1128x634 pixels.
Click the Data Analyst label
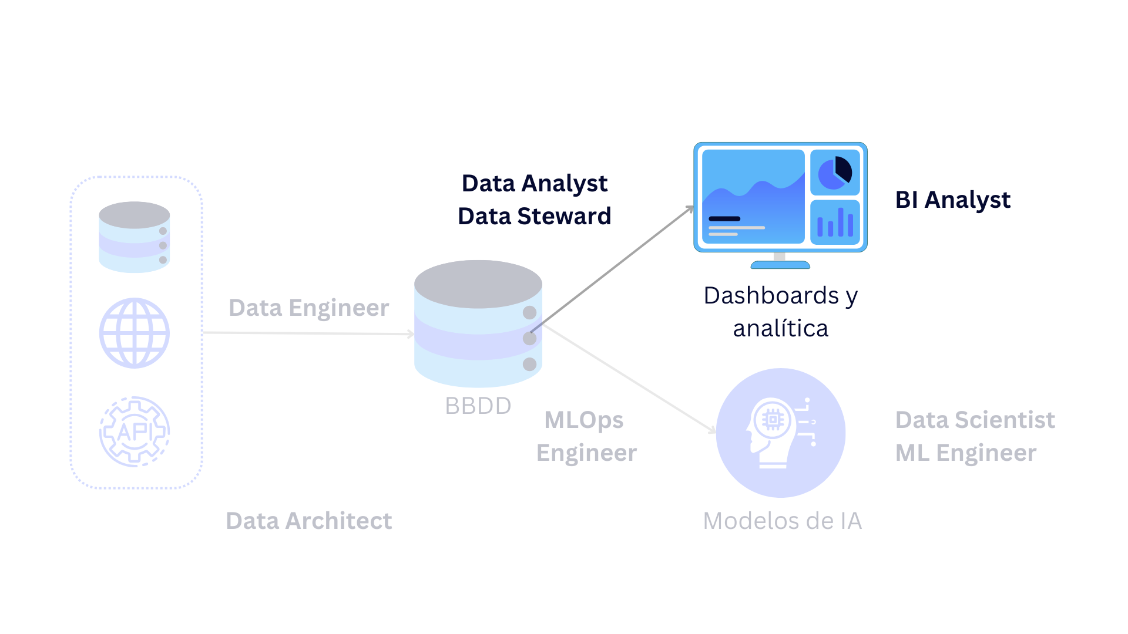coord(534,184)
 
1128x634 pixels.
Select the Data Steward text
coord(534,217)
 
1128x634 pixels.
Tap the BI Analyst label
coord(952,200)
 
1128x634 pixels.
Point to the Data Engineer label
coord(308,308)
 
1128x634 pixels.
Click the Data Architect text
coord(308,521)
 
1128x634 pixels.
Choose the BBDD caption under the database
coord(478,406)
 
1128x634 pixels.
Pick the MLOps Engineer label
coord(586,436)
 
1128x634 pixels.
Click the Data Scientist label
coord(975,420)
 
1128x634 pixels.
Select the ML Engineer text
coord(965,453)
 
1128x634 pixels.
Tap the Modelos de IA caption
coord(782,521)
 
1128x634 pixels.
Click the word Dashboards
coord(771,295)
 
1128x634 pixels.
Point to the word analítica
coord(780,329)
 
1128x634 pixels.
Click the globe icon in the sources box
coord(135,333)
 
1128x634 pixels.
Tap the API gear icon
coord(135,431)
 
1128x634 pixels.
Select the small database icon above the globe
coord(135,237)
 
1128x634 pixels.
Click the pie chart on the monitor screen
coord(835,172)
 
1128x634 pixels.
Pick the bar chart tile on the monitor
coord(835,222)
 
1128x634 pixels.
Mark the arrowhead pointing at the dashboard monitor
coord(691,208)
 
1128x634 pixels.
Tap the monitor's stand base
coord(780,265)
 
